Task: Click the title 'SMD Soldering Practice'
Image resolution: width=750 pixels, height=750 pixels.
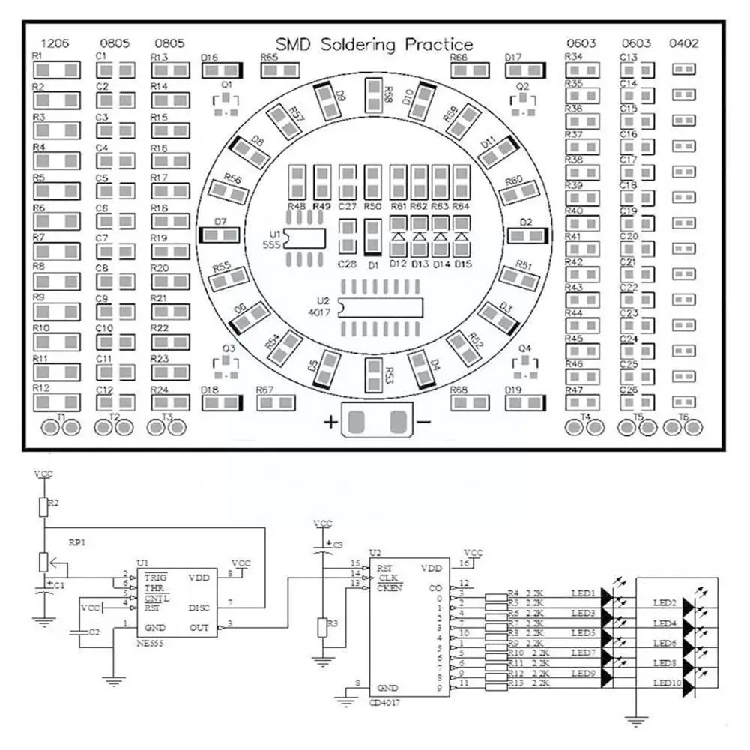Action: tap(374, 45)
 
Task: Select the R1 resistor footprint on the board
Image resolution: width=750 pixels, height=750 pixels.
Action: tap(57, 70)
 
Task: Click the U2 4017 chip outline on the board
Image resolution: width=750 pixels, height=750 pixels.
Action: tap(380, 307)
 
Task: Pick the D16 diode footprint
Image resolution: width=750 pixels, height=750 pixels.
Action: tap(224, 70)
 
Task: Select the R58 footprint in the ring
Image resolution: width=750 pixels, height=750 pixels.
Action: tap(374, 95)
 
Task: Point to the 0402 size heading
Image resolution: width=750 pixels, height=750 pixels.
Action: tap(683, 43)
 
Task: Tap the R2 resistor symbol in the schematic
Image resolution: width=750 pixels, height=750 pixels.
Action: tap(43, 507)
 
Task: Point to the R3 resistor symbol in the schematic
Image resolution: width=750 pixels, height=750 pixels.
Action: tap(322, 627)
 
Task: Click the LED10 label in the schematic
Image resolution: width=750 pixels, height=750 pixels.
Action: tap(666, 683)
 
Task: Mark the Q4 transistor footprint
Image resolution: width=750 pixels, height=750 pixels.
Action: tap(525, 366)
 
